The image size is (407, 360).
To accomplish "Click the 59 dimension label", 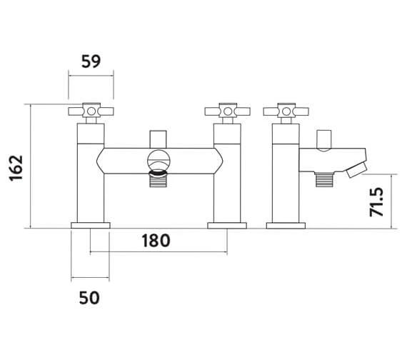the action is (91, 61).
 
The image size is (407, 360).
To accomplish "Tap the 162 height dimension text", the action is (16, 168).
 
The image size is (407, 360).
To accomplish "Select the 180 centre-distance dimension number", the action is (156, 241).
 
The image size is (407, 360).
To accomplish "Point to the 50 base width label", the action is (89, 298).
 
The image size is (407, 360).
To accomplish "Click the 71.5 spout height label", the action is (376, 202).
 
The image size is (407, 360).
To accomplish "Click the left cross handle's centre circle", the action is (91, 111).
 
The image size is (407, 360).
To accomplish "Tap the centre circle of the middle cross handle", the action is (228, 111).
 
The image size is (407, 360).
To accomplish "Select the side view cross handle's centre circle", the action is (286, 111).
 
